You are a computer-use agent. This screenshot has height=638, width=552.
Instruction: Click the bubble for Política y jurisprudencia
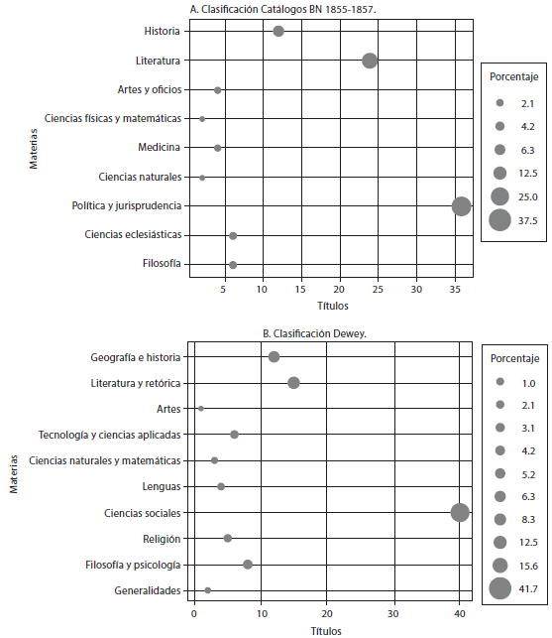click(462, 206)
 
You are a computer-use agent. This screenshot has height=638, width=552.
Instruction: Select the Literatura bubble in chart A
click(370, 61)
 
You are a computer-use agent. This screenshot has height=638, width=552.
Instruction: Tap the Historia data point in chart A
click(278, 31)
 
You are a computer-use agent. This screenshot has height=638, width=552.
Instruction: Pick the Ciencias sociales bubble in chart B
click(460, 512)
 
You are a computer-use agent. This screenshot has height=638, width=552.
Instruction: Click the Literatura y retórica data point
click(294, 383)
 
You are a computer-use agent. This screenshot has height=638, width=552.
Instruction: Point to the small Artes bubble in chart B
click(201, 409)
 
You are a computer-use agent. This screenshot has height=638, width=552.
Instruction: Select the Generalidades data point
click(208, 590)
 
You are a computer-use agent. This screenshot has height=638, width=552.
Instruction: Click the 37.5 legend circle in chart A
click(499, 220)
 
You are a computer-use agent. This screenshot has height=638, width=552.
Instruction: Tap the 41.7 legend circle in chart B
click(499, 588)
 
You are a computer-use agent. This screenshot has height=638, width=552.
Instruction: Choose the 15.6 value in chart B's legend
click(528, 566)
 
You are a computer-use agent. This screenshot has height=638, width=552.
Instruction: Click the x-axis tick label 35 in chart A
click(455, 290)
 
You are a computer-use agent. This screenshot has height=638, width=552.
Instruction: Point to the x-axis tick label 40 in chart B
click(459, 613)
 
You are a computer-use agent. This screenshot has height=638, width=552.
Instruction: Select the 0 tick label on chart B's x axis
click(194, 613)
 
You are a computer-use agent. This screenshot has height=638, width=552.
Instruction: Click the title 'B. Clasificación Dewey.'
click(314, 334)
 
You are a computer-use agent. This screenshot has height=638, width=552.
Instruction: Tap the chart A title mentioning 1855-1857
click(282, 9)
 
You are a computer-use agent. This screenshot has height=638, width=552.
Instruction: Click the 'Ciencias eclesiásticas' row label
click(133, 235)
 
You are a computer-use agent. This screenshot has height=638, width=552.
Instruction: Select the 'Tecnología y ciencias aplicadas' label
click(109, 435)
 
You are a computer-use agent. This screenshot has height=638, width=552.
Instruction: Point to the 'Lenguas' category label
click(162, 486)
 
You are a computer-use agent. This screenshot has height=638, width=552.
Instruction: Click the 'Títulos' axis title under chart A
click(333, 306)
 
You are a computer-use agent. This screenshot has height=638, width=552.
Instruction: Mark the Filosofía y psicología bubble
click(248, 565)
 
